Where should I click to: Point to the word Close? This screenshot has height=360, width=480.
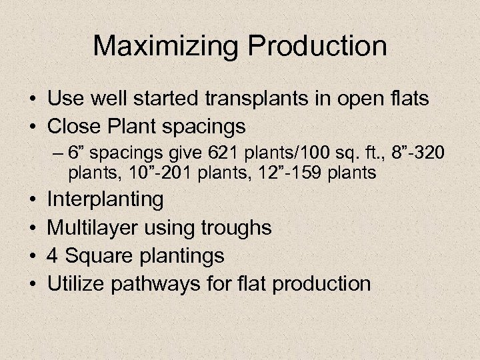click(75, 126)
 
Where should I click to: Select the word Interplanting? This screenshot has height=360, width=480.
click(105, 199)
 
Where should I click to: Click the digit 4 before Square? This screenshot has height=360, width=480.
click(53, 255)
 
